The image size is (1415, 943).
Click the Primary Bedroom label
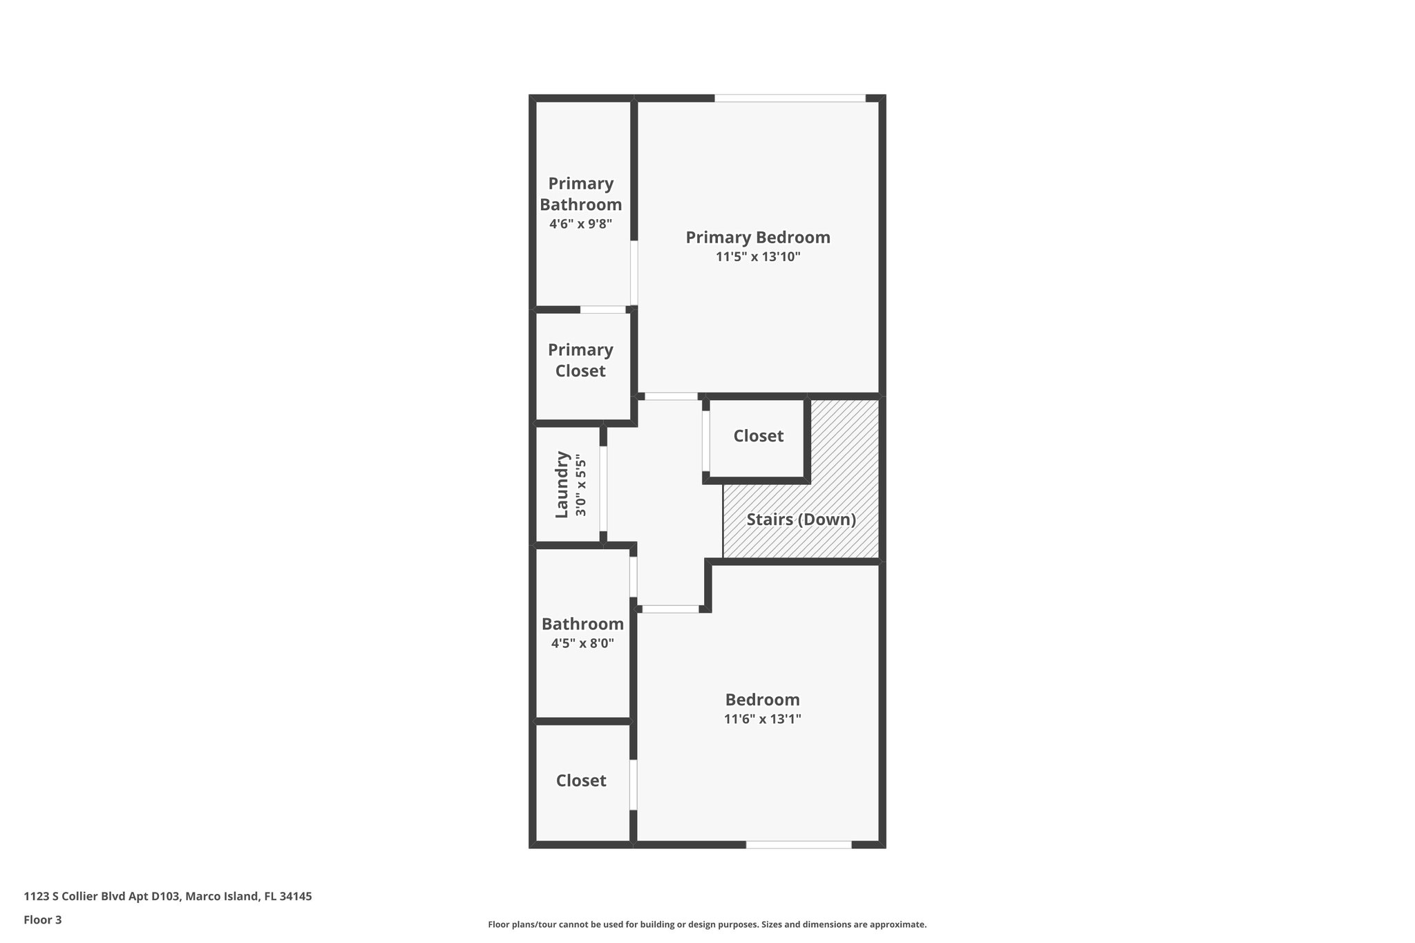click(x=757, y=238)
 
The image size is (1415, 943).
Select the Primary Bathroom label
click(x=580, y=194)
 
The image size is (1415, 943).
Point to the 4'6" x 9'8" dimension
click(x=580, y=224)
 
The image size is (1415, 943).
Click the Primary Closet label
click(x=580, y=360)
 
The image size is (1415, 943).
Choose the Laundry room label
click(x=562, y=484)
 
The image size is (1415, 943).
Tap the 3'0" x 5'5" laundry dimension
click(x=581, y=488)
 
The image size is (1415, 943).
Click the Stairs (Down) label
click(x=801, y=520)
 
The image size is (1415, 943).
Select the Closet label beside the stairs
click(x=758, y=436)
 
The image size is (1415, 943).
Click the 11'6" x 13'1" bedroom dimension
click(x=762, y=719)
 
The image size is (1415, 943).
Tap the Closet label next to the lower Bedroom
click(x=581, y=781)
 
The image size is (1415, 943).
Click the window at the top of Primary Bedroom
click(x=790, y=98)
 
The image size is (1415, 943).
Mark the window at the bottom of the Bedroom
click(x=798, y=844)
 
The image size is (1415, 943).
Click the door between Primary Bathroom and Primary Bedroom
click(x=634, y=273)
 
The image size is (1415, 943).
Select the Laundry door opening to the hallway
click(x=603, y=488)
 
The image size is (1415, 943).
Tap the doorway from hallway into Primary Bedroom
click(x=671, y=397)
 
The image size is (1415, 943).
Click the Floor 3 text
click(x=43, y=920)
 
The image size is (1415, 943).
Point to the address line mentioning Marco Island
click(x=168, y=896)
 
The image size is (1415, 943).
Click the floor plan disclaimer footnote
click(x=707, y=924)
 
